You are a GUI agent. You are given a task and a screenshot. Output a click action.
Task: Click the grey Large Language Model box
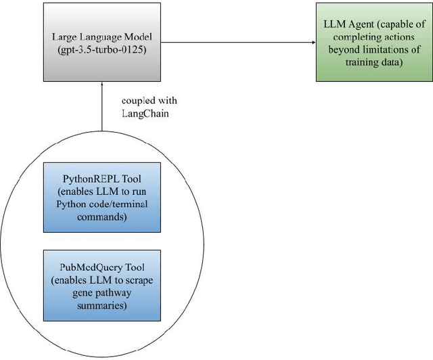pos(101,43)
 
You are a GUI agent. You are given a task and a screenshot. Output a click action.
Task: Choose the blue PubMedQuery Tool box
pos(101,285)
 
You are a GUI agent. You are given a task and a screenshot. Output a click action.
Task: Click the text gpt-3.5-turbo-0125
pos(101,49)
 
